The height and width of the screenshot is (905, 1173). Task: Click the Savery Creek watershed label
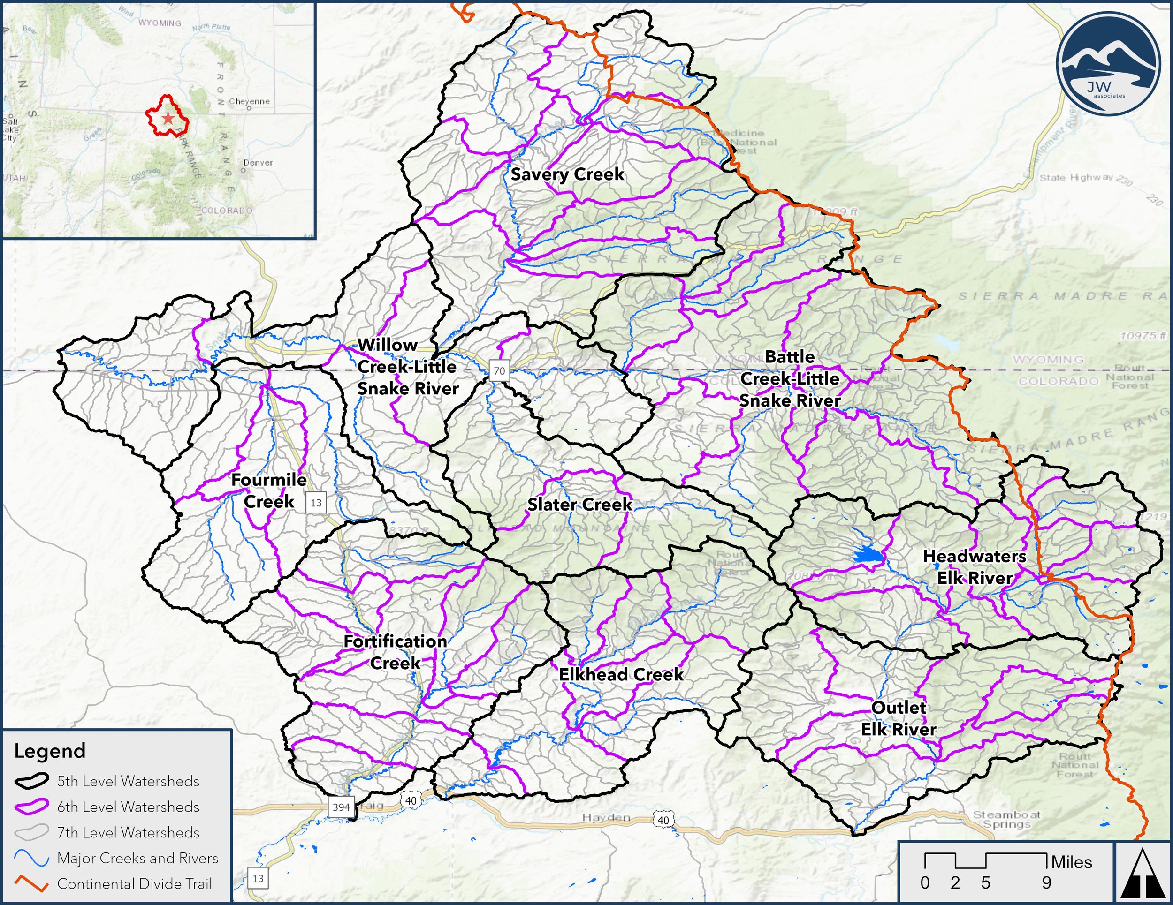567,174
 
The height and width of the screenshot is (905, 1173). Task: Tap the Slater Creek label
579,505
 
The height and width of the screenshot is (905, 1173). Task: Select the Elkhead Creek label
621,675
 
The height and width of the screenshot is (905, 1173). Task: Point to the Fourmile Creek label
268,490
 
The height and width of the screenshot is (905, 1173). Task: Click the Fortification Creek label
395,652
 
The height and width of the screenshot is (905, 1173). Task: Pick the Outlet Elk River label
899,719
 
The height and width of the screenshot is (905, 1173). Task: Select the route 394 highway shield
341,807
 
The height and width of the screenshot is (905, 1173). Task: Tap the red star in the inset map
168,118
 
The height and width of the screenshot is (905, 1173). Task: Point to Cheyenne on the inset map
249,101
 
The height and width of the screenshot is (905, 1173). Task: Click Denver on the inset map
257,163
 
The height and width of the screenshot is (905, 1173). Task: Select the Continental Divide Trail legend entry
134,884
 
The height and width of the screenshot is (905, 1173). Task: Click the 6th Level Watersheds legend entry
128,807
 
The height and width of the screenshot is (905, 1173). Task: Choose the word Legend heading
50,751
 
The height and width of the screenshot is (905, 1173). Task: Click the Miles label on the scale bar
1072,863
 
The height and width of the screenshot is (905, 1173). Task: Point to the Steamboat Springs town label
1006,819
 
